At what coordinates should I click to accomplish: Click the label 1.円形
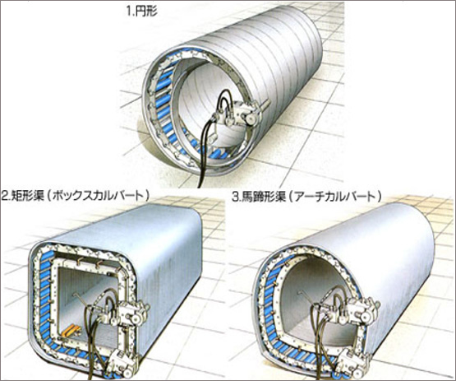click(142, 12)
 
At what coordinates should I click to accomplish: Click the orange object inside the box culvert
click(71, 332)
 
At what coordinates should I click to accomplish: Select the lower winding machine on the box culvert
click(121, 363)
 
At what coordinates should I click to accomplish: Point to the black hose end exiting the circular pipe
click(200, 185)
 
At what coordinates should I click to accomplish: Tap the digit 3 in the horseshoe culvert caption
click(235, 197)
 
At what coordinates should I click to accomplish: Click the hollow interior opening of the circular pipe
click(207, 96)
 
